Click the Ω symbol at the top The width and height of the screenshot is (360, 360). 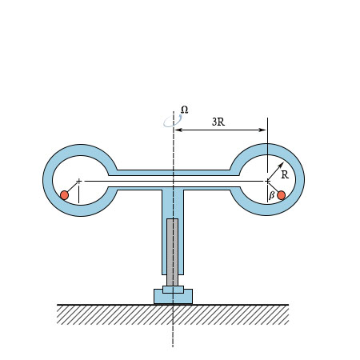click(x=185, y=109)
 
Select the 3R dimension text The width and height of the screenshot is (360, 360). click(x=218, y=122)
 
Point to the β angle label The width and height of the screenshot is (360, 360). click(x=271, y=194)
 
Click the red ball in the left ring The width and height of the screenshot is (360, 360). click(x=64, y=194)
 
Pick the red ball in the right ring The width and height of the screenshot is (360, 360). click(x=281, y=194)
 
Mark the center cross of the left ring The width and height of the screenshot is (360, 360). click(x=78, y=181)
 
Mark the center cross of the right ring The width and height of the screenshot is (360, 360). click(x=267, y=181)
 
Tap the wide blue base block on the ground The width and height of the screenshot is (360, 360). click(x=173, y=298)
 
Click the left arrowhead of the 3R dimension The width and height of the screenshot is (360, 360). click(x=178, y=130)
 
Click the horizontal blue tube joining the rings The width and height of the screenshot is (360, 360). click(x=173, y=173)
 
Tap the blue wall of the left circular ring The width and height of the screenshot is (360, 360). click(x=48, y=180)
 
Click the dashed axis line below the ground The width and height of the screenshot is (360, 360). click(x=173, y=336)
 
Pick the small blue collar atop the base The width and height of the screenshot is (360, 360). click(x=173, y=289)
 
